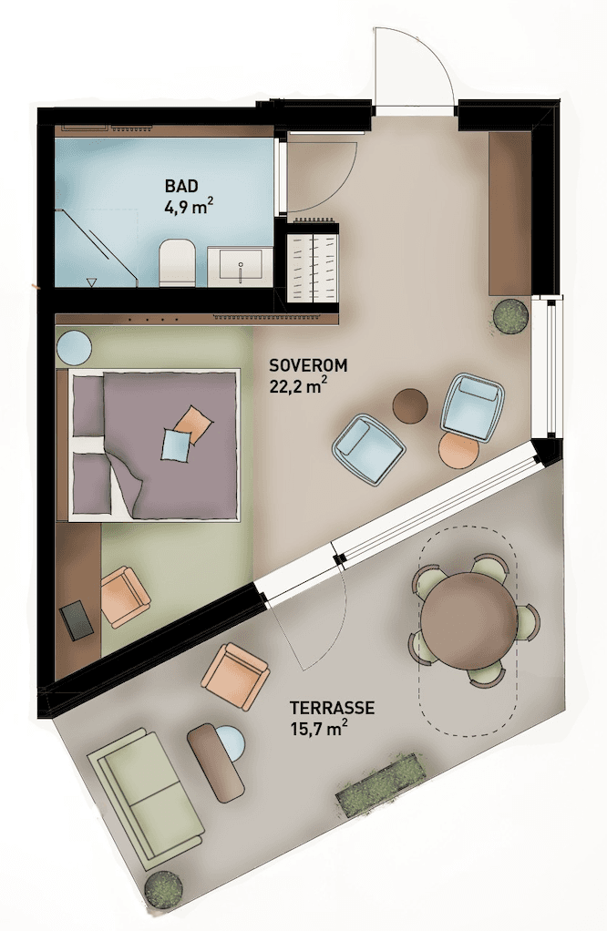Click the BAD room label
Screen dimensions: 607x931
click(x=181, y=187)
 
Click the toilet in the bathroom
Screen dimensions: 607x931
click(x=178, y=262)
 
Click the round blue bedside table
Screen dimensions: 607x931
click(x=74, y=347)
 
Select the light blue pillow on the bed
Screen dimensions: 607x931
click(x=176, y=445)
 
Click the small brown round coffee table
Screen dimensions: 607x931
click(x=410, y=405)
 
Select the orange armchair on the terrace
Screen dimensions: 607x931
click(x=235, y=676)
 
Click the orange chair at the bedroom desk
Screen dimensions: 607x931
click(x=124, y=598)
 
